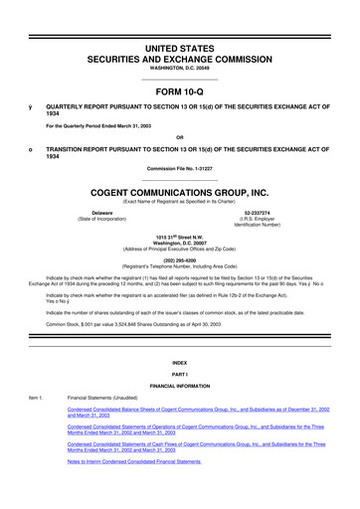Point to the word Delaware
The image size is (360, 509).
coord(101,214)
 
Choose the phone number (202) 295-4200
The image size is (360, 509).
coord(180,257)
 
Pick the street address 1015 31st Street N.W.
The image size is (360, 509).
coord(180,235)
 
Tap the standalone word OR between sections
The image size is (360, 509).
coord(180,137)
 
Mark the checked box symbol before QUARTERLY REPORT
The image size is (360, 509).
coord(32,104)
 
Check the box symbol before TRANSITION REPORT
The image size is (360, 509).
coord(32,148)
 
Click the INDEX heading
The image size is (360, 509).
coord(180,362)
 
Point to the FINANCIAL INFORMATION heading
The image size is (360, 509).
coord(180,385)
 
